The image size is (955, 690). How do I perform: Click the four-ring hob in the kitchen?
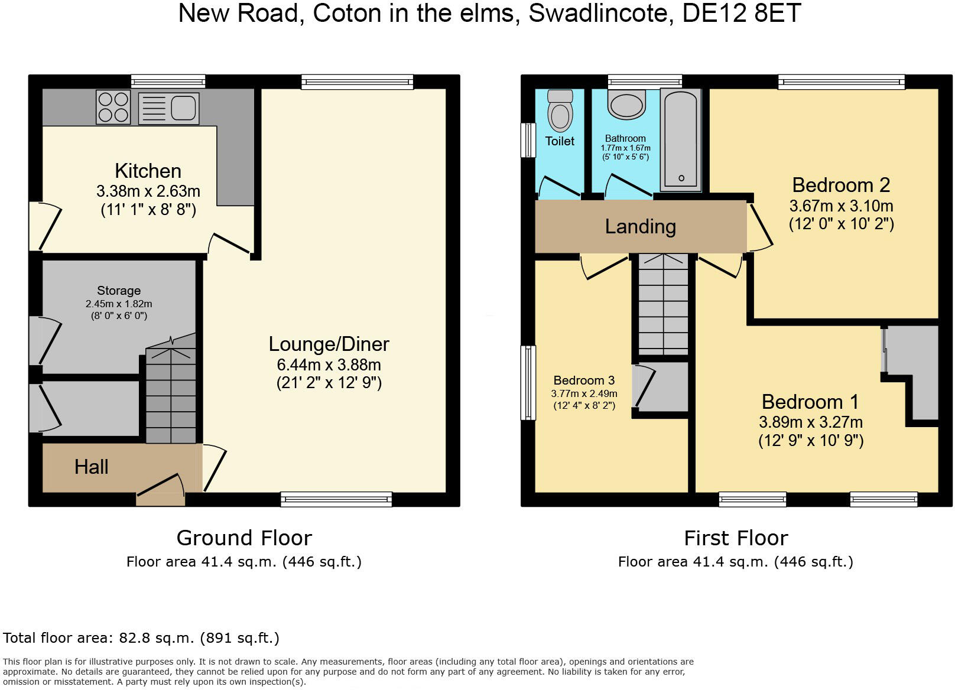click(x=113, y=107)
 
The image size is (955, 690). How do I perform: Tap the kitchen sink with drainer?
click(x=168, y=108)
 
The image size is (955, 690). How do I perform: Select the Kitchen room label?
click(x=148, y=171)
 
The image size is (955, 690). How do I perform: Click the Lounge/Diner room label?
click(x=329, y=344)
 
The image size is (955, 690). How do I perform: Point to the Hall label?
click(x=91, y=467)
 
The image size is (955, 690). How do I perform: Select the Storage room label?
click(x=119, y=291)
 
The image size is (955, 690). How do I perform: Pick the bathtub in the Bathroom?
click(x=680, y=139)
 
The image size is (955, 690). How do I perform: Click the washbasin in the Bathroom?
click(x=628, y=104)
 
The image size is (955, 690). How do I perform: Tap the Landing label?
click(x=640, y=226)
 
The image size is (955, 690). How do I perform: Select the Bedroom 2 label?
click(x=840, y=185)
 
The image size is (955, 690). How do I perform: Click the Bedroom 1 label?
click(x=810, y=402)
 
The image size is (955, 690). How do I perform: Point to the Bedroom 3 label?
click(x=584, y=380)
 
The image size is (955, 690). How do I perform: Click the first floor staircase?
click(x=663, y=304)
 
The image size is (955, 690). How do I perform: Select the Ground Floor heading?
click(x=243, y=538)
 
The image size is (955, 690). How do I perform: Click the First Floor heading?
click(x=735, y=538)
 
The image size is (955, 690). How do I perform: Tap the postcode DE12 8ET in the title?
click(x=741, y=14)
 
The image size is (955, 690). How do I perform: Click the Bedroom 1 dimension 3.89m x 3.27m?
click(x=810, y=422)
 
